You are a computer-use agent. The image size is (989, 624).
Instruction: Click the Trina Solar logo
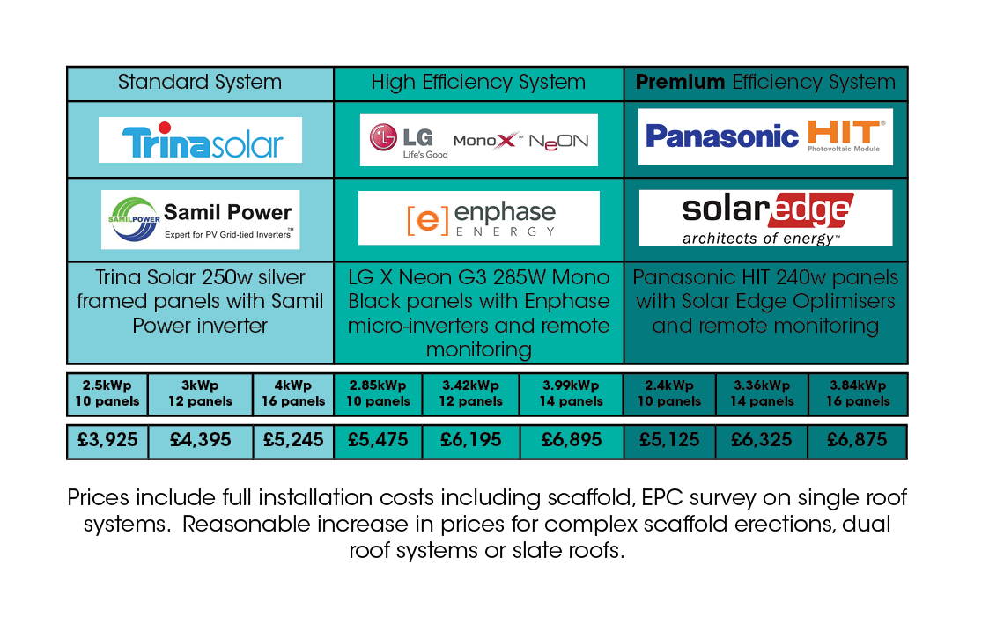click(x=200, y=141)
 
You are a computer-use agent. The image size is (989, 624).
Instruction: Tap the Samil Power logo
click(x=200, y=220)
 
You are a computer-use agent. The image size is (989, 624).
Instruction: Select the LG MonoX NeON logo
click(x=479, y=140)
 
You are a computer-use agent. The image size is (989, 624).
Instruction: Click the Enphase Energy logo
click(x=479, y=218)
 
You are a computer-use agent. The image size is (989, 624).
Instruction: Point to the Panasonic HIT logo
click(x=765, y=136)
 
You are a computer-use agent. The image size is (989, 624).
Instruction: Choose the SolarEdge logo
click(x=765, y=217)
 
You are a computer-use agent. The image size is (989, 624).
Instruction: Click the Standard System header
click(x=200, y=83)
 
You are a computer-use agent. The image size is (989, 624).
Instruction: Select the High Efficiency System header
click(x=478, y=83)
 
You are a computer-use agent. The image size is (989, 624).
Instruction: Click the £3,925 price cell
click(x=107, y=440)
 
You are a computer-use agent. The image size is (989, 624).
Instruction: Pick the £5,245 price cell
click(x=293, y=440)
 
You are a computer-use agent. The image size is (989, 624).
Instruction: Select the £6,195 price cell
click(x=471, y=440)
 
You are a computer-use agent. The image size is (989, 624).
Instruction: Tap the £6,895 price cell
click(x=572, y=440)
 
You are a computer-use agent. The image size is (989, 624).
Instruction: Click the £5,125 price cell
click(x=669, y=440)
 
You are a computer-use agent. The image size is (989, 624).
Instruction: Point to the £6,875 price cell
click(x=857, y=440)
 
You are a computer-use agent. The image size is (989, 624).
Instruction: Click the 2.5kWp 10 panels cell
click(x=107, y=393)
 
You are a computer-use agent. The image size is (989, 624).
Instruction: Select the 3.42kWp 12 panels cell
click(x=471, y=393)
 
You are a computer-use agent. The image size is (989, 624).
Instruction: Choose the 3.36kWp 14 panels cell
click(x=761, y=393)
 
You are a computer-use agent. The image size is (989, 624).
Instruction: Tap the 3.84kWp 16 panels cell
click(x=857, y=393)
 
